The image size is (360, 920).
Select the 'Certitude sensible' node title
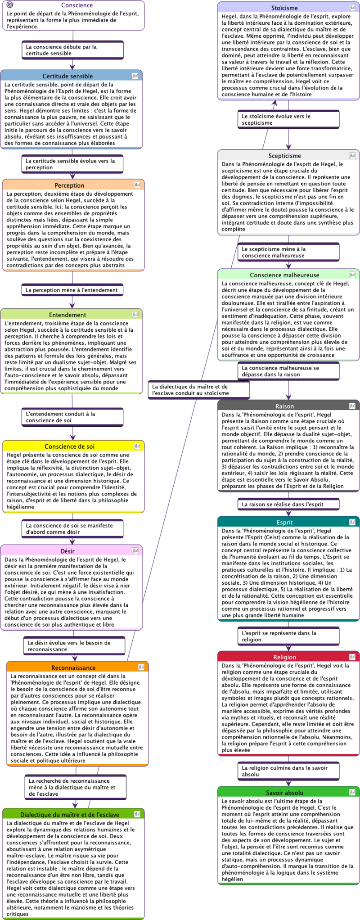pos(67,76)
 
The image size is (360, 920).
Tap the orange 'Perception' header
pos(69,185)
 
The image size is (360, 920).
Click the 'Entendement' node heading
pos(67,315)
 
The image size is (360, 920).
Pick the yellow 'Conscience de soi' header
pos(69,446)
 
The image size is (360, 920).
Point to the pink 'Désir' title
pos(67,551)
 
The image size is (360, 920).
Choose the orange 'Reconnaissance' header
pos(73,667)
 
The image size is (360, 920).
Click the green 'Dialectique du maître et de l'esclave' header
pos(70,814)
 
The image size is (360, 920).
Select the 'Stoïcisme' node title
pos(284,8)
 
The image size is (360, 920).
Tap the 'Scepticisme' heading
pos(284,156)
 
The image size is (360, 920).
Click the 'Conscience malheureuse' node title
pos(284,275)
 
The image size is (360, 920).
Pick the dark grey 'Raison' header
pos(284,406)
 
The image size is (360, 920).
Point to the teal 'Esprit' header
pos(284,523)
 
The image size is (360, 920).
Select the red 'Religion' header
pos(284,657)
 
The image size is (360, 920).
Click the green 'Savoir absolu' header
pos(284,793)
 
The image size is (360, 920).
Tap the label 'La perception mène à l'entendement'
pos(72,290)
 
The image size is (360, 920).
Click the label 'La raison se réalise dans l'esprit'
pos(288,505)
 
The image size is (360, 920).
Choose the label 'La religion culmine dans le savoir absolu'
pos(288,771)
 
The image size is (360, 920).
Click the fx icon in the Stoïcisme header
pos(352,8)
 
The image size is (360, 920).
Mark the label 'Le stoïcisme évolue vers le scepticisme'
pos(288,119)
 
